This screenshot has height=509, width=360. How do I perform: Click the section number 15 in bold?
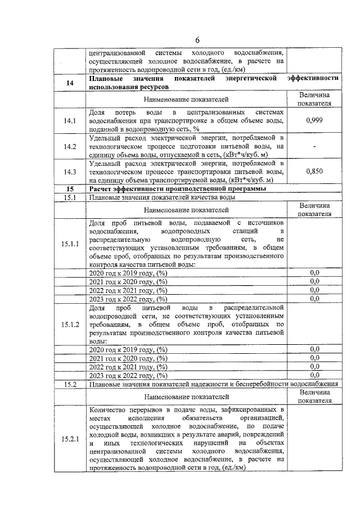tap(70, 189)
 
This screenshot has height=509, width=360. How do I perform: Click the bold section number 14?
tap(70, 83)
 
